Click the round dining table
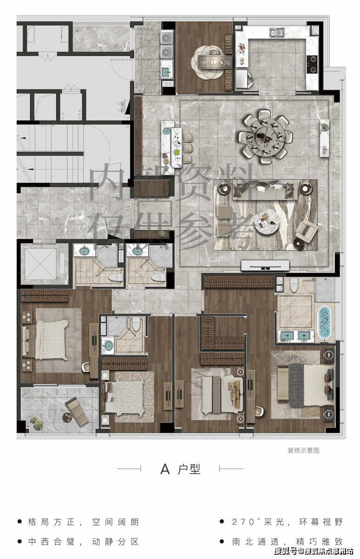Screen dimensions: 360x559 pos(265,137)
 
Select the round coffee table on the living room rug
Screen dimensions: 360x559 pos(267,222)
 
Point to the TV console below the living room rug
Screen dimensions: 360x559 pos(265,265)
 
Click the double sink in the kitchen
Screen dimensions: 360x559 pos(277,32)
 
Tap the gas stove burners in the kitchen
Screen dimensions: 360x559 pos(312,64)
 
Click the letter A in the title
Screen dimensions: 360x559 pos(165,469)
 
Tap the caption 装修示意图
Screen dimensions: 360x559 pos(303,450)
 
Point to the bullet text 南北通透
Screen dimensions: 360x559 pos(255,541)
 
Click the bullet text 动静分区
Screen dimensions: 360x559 pos(115,541)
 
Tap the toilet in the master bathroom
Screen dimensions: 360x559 pos(294,285)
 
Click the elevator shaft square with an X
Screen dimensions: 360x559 pos(40,264)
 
